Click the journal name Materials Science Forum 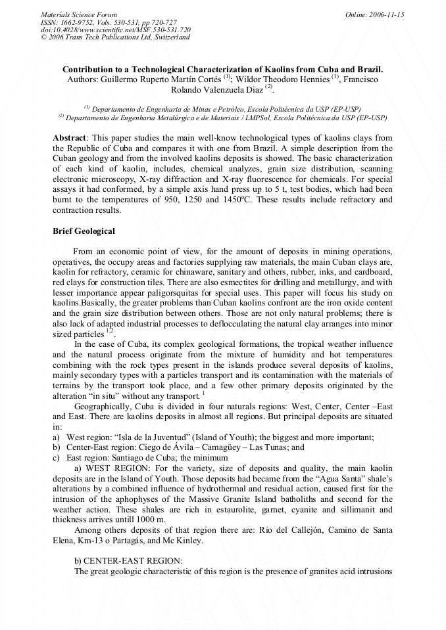[79, 14]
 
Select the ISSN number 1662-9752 [78, 22]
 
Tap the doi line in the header [116, 30]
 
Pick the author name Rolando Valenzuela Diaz [216, 89]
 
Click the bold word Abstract [69, 138]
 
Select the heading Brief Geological [84, 231]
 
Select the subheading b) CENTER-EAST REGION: [128, 560]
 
